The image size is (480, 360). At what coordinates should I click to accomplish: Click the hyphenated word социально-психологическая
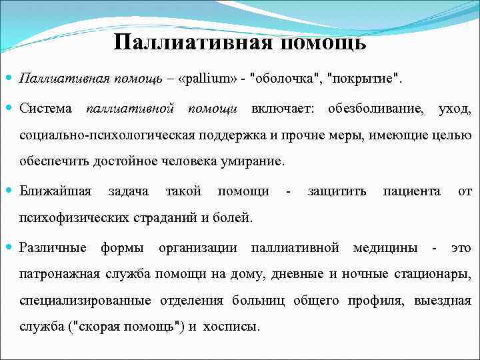pyautogui.click(x=107, y=135)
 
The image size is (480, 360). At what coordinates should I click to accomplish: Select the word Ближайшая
pyautogui.click(x=55, y=191)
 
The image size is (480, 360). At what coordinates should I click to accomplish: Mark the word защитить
pyautogui.click(x=337, y=191)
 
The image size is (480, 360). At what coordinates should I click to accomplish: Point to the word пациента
pyautogui.click(x=411, y=191)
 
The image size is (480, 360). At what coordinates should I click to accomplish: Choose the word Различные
pyautogui.click(x=53, y=248)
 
